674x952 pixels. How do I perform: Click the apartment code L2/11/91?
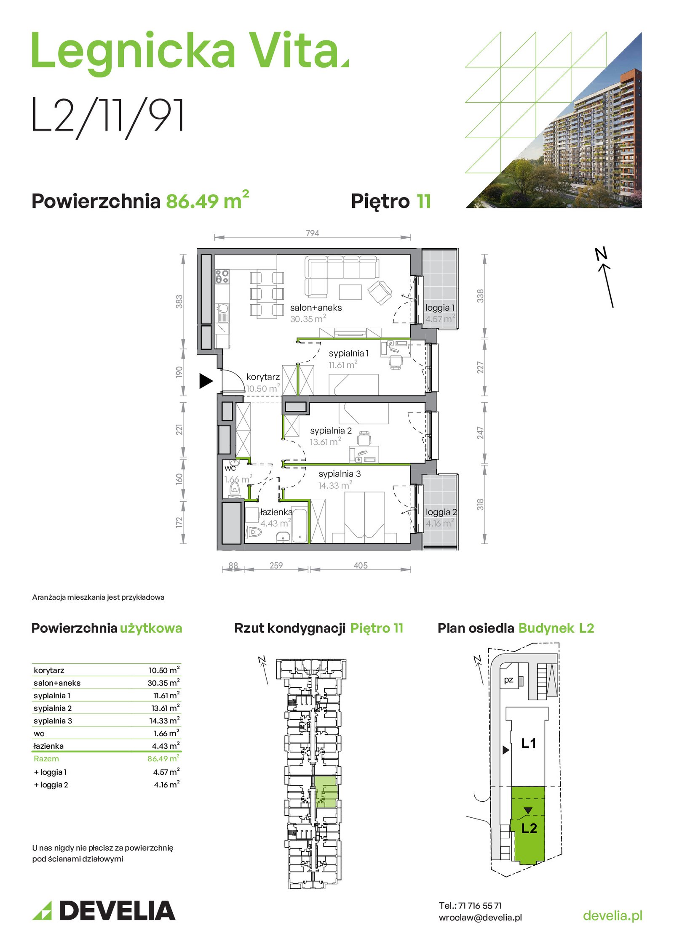tap(108, 116)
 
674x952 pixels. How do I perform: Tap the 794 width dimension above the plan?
tap(312, 233)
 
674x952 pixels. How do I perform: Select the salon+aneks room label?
tap(316, 308)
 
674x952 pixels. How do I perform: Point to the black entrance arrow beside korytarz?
tap(206, 381)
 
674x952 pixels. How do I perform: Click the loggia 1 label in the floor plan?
tap(440, 308)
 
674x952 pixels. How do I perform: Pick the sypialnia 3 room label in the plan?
tap(340, 474)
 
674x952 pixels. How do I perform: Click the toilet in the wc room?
tap(235, 489)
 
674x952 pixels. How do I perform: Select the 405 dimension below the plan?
tap(361, 566)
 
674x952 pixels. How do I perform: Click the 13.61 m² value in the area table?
tap(166, 708)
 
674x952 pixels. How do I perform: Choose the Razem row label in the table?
tap(46, 759)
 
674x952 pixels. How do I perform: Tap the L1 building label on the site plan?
tap(529, 743)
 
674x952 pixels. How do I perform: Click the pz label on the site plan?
tap(508, 680)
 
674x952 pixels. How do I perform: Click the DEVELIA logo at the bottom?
tap(104, 911)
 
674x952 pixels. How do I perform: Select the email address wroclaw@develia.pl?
tap(480, 917)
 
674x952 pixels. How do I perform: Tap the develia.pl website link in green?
tap(612, 915)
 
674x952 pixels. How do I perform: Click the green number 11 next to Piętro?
tap(424, 201)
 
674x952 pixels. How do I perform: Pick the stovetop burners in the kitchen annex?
tap(222, 277)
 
